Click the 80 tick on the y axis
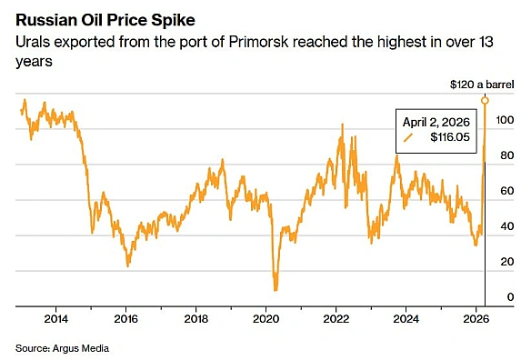509,155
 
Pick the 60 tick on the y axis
509,191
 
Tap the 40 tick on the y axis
509,226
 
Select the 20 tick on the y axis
509,262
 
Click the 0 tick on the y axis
512,297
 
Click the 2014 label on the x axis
55,319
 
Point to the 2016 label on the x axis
126,319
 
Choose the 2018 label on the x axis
196,319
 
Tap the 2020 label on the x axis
266,319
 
